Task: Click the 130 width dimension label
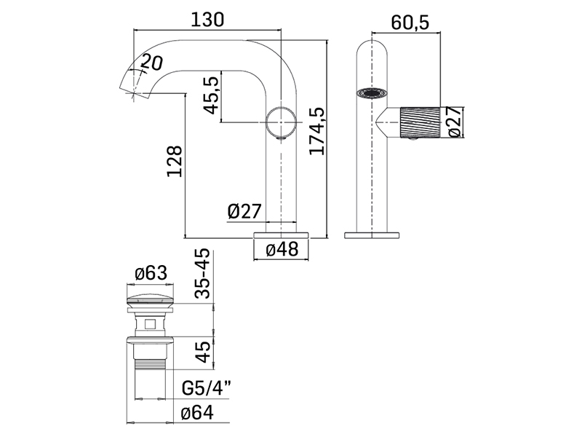pos(207,20)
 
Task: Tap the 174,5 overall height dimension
pos(317,131)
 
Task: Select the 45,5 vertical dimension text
pos(212,95)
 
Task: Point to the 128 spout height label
pos(175,161)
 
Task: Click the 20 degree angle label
pos(152,62)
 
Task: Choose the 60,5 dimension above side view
pos(410,23)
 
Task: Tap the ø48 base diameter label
pos(282,249)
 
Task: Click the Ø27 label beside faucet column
pos(244,211)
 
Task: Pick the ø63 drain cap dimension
pos(151,274)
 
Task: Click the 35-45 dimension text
pos(203,274)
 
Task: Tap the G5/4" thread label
pos(207,389)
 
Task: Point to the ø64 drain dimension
pos(197,413)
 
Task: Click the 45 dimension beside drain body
pos(203,353)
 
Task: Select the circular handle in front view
pos(282,122)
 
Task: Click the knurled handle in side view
pos(420,122)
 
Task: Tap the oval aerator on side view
pos(372,93)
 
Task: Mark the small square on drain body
pos(150,324)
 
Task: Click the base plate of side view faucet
pos(372,235)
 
